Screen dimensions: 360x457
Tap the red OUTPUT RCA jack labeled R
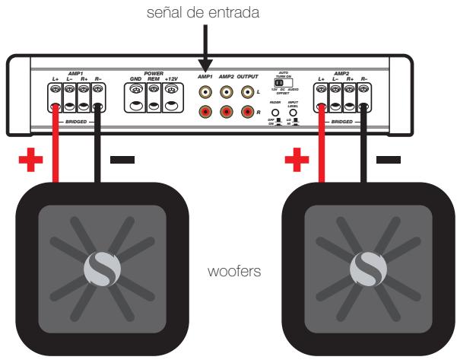coord(246,112)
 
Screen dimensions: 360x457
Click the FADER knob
coord(275,110)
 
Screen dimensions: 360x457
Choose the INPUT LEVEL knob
coord(293,110)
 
